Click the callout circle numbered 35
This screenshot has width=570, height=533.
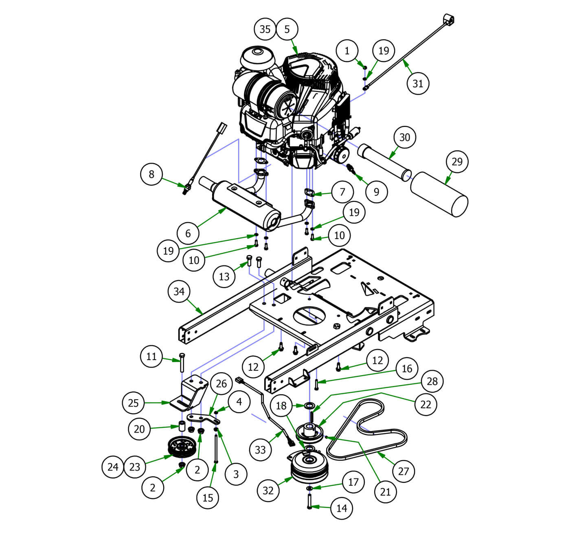pyautogui.click(x=265, y=29)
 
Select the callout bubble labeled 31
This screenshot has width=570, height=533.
pyautogui.click(x=418, y=83)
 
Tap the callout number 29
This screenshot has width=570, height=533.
pyautogui.click(x=457, y=161)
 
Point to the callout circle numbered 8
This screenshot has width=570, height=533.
pyautogui.click(x=151, y=174)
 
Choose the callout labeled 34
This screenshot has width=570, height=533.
pyautogui.click(x=179, y=291)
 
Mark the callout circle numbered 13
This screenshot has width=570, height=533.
pyautogui.click(x=224, y=276)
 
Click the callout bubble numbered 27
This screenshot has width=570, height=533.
pyautogui.click(x=403, y=471)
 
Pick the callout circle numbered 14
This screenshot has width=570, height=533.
pyautogui.click(x=342, y=508)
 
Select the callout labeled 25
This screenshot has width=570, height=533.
pyautogui.click(x=134, y=403)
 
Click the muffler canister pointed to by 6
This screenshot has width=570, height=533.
pyautogui.click(x=244, y=206)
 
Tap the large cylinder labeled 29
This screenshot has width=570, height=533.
pyautogui.click(x=440, y=194)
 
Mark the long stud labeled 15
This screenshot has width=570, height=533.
pyautogui.click(x=216, y=449)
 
